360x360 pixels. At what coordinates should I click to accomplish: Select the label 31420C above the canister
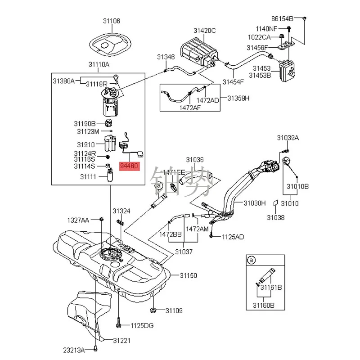pos(205,31)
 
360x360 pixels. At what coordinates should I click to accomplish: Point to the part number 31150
pos(189,275)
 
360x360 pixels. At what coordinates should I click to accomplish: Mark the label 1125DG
pos(142,325)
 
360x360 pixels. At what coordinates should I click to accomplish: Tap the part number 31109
pos(174,310)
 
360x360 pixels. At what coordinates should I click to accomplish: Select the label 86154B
pos(282,18)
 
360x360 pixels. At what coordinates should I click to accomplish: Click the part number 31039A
pos(288,137)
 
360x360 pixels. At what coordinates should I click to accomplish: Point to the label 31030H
pos(255,203)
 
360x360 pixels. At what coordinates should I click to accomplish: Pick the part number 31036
pos(195,159)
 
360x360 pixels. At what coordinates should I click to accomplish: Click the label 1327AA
pos(79,220)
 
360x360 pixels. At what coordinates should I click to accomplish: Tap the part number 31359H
pos(238,98)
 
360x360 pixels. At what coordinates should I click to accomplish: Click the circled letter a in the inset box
pos(252,260)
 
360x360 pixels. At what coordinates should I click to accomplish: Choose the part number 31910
pos(86,144)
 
